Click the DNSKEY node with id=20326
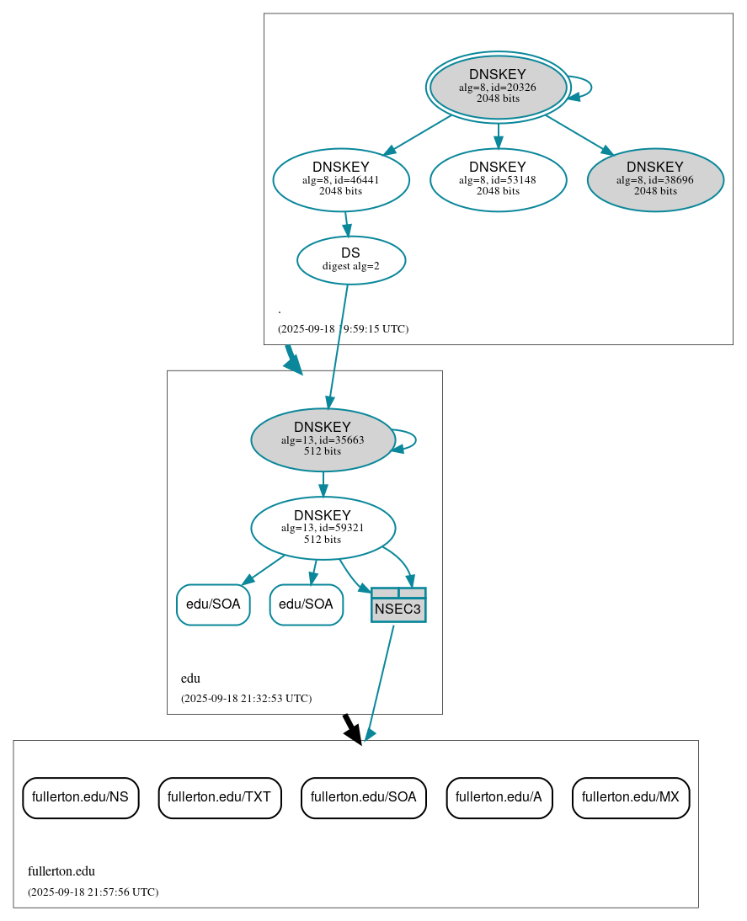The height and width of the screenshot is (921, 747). coord(498,87)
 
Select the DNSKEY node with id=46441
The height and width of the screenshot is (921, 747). coord(341,179)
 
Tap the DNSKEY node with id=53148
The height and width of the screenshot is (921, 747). coord(498,179)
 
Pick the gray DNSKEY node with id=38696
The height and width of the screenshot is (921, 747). coord(655,179)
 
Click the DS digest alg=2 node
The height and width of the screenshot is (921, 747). coord(351,259)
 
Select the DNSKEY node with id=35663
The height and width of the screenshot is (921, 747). coord(323,439)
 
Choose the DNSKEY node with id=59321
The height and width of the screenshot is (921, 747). coord(323,528)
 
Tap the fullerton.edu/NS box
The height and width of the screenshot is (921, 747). coord(80,796)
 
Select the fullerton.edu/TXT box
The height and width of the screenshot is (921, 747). coord(219,796)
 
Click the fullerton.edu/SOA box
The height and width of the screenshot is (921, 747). coord(363,796)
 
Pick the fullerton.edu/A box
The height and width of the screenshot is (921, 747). coord(499,796)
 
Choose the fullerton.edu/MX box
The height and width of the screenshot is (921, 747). coord(631,796)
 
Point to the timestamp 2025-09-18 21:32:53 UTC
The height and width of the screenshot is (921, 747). coord(246,698)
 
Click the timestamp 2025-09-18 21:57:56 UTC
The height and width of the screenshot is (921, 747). coord(93,892)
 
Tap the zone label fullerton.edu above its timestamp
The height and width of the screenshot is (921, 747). coord(61,871)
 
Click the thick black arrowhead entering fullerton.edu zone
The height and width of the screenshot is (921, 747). coord(354,732)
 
